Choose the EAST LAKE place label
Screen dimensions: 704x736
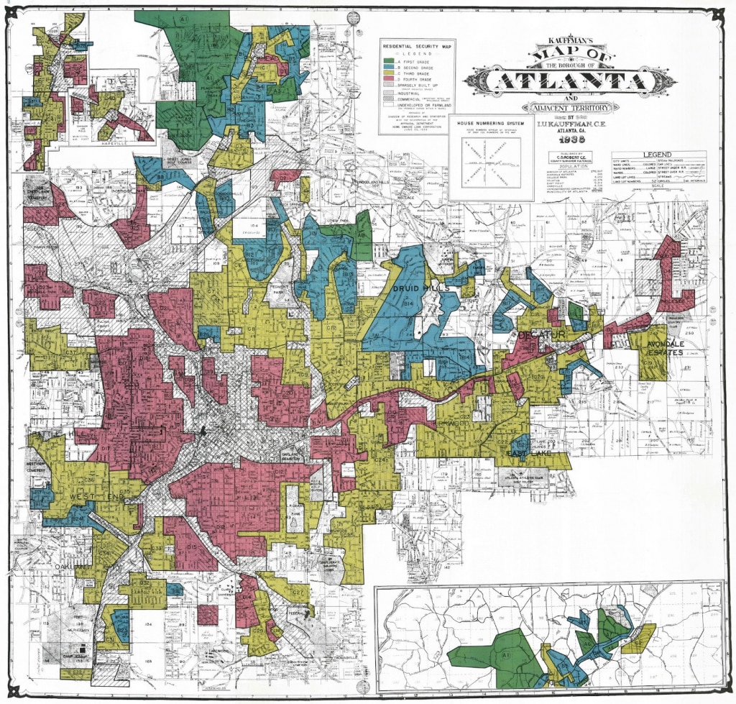click(507, 454)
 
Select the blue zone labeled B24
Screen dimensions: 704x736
click(77, 518)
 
